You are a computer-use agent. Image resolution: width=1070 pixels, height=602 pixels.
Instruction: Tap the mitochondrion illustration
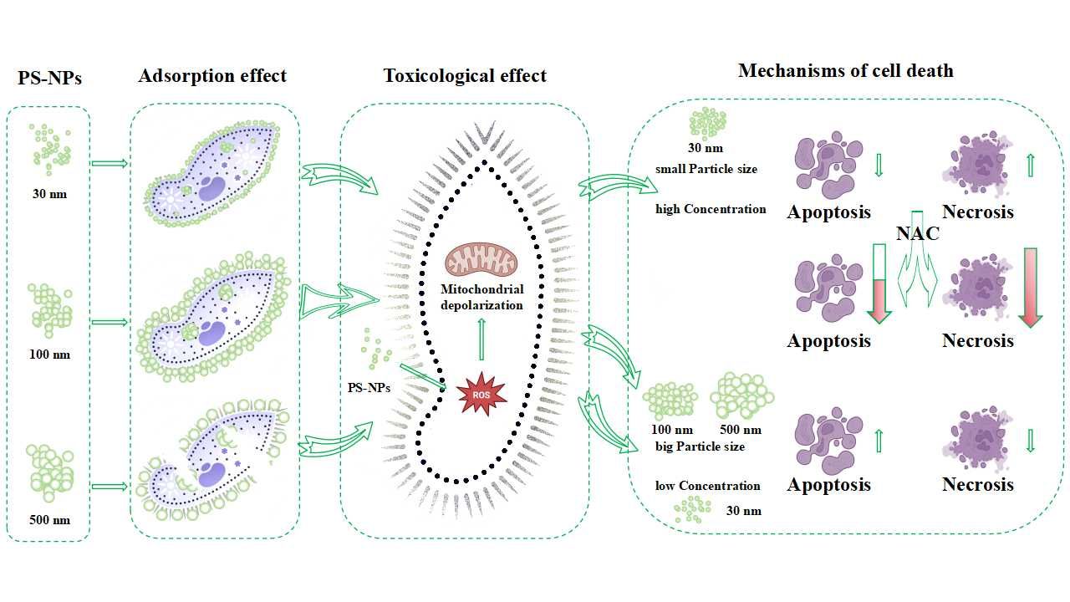(x=481, y=260)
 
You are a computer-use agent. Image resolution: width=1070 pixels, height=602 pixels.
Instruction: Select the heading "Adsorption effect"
(x=212, y=76)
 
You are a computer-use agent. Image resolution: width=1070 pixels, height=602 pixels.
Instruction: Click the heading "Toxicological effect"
(x=465, y=76)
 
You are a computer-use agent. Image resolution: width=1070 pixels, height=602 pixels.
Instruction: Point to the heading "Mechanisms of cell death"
(x=845, y=70)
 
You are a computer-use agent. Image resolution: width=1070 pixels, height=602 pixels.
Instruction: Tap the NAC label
(x=917, y=234)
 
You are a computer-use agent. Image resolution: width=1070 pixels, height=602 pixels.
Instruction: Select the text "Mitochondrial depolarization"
(x=482, y=297)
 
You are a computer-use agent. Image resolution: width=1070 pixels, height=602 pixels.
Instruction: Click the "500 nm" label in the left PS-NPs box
(x=49, y=520)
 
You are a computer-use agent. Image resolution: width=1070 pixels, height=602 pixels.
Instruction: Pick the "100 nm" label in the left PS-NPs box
(x=49, y=355)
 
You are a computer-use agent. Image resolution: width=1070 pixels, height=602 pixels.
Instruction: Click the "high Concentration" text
(x=711, y=209)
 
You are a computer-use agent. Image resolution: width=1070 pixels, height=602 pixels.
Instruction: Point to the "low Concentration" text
(x=708, y=486)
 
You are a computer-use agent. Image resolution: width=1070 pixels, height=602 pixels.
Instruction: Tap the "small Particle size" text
(x=706, y=169)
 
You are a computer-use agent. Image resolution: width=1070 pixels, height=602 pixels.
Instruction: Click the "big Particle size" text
(x=701, y=446)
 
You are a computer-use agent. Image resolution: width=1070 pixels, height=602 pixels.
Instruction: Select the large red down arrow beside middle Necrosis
(x=1030, y=286)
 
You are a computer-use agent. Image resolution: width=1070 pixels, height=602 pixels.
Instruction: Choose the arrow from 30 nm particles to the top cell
(x=110, y=162)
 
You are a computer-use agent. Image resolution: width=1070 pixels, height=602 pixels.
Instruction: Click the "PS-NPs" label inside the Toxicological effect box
(x=369, y=388)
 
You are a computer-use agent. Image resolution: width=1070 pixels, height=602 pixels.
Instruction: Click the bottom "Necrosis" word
(x=977, y=485)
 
